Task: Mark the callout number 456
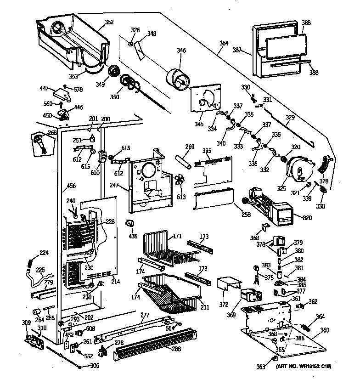coord(72,186)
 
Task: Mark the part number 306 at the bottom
coord(94,366)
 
